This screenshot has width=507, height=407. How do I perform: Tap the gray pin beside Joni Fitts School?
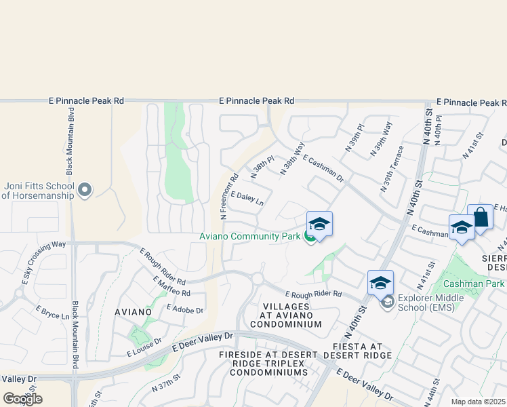pos(84,190)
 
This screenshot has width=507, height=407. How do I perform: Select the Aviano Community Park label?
pos(249,237)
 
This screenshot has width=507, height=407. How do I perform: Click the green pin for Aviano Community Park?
pos(310,237)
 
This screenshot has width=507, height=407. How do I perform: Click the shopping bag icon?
pos(480,218)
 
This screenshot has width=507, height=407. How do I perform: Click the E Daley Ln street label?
pos(247,198)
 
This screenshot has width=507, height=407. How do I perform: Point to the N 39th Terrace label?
pos(392,168)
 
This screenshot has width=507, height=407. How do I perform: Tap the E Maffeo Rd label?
pos(171,286)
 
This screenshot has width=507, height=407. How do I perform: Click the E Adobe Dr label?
pos(184,309)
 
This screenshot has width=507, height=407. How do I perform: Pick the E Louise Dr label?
pos(144,347)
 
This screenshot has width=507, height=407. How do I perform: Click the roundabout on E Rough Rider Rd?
pos(257,278)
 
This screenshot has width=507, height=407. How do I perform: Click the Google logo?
pos(22,399)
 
